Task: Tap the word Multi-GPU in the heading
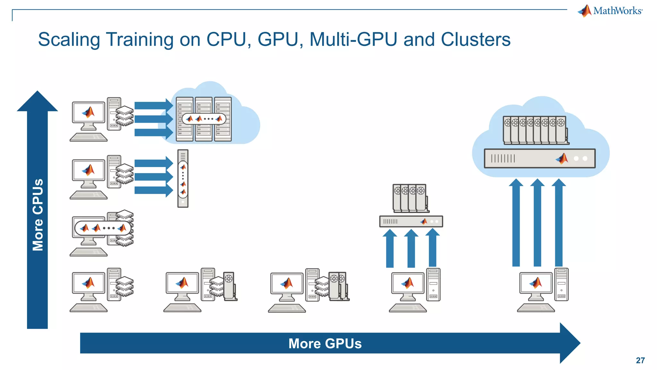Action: click(353, 40)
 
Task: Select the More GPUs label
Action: click(325, 343)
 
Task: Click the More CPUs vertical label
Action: click(38, 215)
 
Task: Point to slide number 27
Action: click(640, 360)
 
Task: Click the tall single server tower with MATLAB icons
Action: click(183, 179)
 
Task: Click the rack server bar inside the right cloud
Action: click(540, 158)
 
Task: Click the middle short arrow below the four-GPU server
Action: click(411, 249)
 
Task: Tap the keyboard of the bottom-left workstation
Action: click(89, 308)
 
